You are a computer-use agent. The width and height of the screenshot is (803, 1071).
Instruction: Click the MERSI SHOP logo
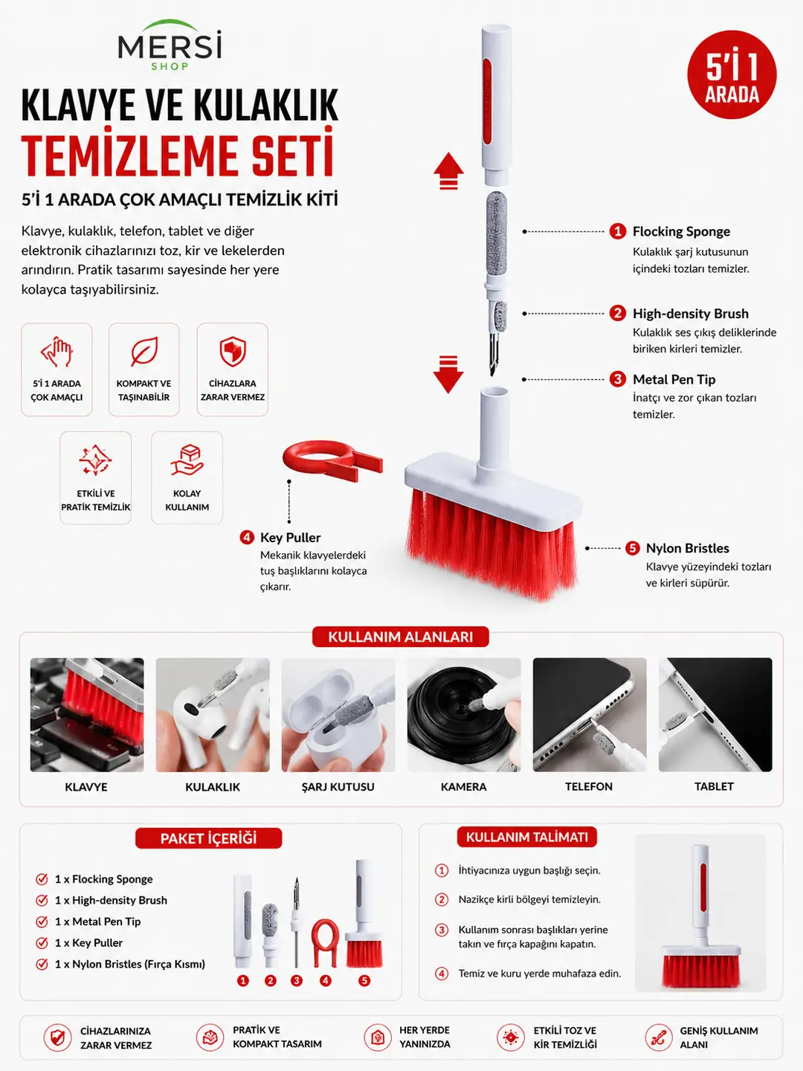point(170,45)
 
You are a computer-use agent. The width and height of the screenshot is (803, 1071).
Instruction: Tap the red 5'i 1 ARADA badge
point(732,74)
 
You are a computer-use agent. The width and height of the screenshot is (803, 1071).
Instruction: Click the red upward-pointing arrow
point(448,170)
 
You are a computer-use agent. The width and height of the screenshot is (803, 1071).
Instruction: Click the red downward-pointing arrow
point(448,374)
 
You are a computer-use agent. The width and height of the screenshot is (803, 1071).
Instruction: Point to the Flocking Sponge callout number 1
point(618,231)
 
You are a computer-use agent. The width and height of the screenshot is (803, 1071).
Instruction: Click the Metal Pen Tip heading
point(674,379)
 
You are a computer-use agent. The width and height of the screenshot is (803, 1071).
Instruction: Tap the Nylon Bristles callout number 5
point(632,548)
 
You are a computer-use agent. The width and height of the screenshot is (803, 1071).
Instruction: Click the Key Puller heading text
point(290,537)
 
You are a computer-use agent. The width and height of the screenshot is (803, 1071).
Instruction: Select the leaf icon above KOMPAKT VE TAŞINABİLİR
point(143,351)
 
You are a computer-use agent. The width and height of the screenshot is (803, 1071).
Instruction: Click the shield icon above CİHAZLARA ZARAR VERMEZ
point(233,351)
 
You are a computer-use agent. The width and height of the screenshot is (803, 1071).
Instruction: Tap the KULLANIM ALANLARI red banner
point(400,637)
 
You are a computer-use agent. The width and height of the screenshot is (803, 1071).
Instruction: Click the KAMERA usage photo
point(464,715)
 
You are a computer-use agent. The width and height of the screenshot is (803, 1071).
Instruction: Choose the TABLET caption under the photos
point(714,787)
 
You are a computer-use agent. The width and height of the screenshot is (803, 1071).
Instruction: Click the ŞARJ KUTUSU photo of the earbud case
point(338,715)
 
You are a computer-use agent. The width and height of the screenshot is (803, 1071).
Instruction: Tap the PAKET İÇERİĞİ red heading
point(209,838)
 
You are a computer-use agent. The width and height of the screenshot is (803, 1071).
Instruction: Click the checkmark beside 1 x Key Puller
point(42,942)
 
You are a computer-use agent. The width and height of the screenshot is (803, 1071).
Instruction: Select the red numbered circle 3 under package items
point(296,980)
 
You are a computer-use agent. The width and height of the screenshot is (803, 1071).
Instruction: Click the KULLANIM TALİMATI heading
point(526,837)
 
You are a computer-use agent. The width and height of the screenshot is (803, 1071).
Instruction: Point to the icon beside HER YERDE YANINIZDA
point(378,1037)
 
